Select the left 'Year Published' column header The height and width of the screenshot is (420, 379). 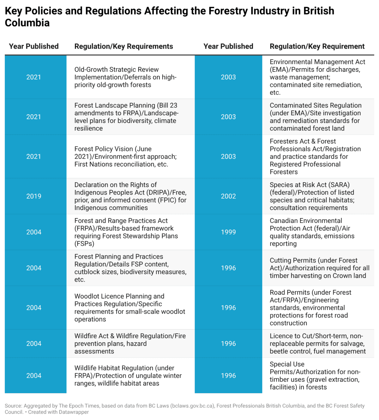click(34, 46)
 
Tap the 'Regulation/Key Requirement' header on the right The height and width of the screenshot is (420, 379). click(317, 46)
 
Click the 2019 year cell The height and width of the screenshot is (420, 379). click(34, 196)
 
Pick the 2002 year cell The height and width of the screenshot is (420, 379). click(228, 196)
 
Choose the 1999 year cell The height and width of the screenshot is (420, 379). click(228, 232)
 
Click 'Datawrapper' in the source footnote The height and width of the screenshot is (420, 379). click(74, 412)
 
